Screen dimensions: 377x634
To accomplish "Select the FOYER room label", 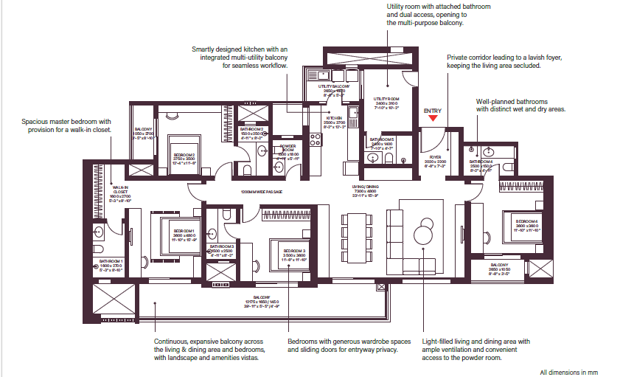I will [435, 157].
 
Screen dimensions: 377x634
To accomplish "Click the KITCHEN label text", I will [335, 118].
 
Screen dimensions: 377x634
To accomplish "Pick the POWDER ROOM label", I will [288, 146].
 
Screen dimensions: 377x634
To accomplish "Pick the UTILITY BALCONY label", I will [334, 86].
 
